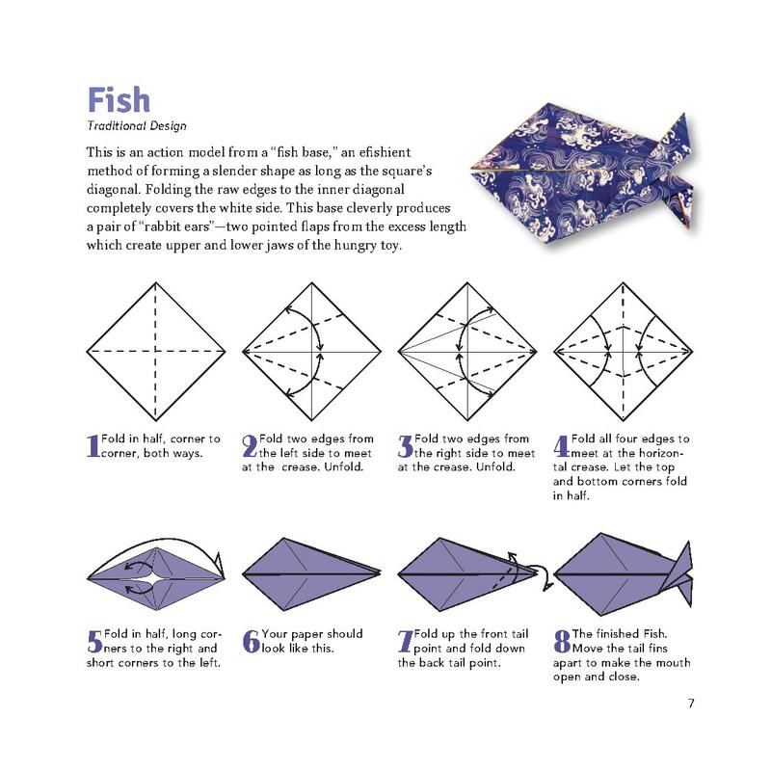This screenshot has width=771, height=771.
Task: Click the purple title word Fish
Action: click(x=119, y=100)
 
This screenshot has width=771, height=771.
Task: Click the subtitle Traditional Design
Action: click(x=137, y=126)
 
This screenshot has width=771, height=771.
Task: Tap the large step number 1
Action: click(x=93, y=446)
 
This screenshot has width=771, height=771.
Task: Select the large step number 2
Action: click(x=250, y=446)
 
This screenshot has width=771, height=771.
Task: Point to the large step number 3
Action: click(x=405, y=446)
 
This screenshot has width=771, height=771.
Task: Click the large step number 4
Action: click(x=562, y=446)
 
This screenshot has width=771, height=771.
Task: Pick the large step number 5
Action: click(x=94, y=641)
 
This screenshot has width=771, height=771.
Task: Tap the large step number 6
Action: click(x=251, y=641)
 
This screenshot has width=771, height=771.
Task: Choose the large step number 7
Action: click(x=405, y=641)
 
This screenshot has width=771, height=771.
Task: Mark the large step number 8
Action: click(x=562, y=641)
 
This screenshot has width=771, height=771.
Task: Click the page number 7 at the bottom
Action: click(x=691, y=704)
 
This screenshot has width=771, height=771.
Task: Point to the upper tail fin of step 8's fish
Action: click(x=682, y=557)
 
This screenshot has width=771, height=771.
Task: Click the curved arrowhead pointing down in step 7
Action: click(x=546, y=586)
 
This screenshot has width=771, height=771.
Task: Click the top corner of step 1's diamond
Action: click(x=156, y=282)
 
